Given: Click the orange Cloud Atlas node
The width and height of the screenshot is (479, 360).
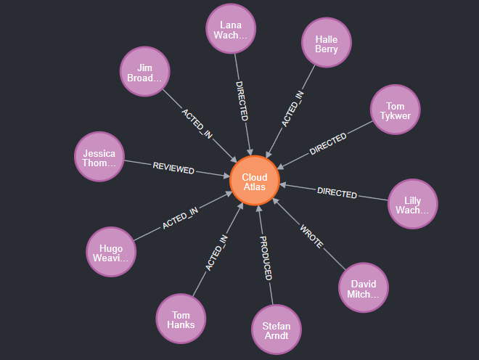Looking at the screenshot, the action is coord(255,181).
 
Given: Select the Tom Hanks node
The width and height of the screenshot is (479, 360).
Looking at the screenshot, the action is coord(181,319).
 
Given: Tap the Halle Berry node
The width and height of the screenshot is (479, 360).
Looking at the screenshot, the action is coord(326,44).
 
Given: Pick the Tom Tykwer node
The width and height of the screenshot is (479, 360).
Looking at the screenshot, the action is coord(396,110).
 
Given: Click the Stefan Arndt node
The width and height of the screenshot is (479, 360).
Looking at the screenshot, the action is coord(276,331).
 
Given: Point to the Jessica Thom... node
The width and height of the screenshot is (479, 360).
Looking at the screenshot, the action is coord(99,158).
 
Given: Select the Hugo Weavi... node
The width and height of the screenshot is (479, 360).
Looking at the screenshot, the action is coord(111,252).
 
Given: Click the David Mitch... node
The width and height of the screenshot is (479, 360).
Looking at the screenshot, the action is coord(364,289).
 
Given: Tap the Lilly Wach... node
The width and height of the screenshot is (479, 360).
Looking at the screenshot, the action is coord(413,204).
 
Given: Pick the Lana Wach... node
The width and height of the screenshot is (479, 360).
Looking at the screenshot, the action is coord(230,29).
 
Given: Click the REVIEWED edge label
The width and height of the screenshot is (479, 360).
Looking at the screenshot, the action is coord(173,169).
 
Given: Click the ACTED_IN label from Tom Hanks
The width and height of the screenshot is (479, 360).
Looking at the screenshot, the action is coord(216,253).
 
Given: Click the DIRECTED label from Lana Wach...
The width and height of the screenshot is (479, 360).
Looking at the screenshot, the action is coord(242,100).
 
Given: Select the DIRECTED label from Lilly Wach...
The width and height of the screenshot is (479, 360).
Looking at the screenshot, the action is coord(337,193).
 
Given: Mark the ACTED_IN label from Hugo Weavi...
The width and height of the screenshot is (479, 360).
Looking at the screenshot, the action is coord(180,218).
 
